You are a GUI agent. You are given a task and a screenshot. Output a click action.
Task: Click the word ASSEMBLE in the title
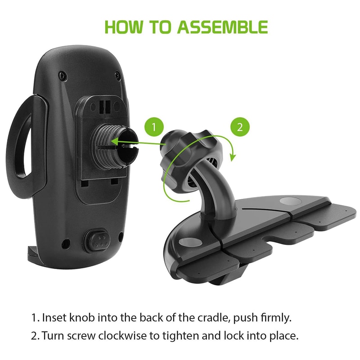[x=222, y=27]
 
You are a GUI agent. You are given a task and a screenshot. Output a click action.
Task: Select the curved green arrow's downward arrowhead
[x=233, y=157]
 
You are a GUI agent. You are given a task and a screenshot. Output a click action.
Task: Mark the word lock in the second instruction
[x=234, y=336]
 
